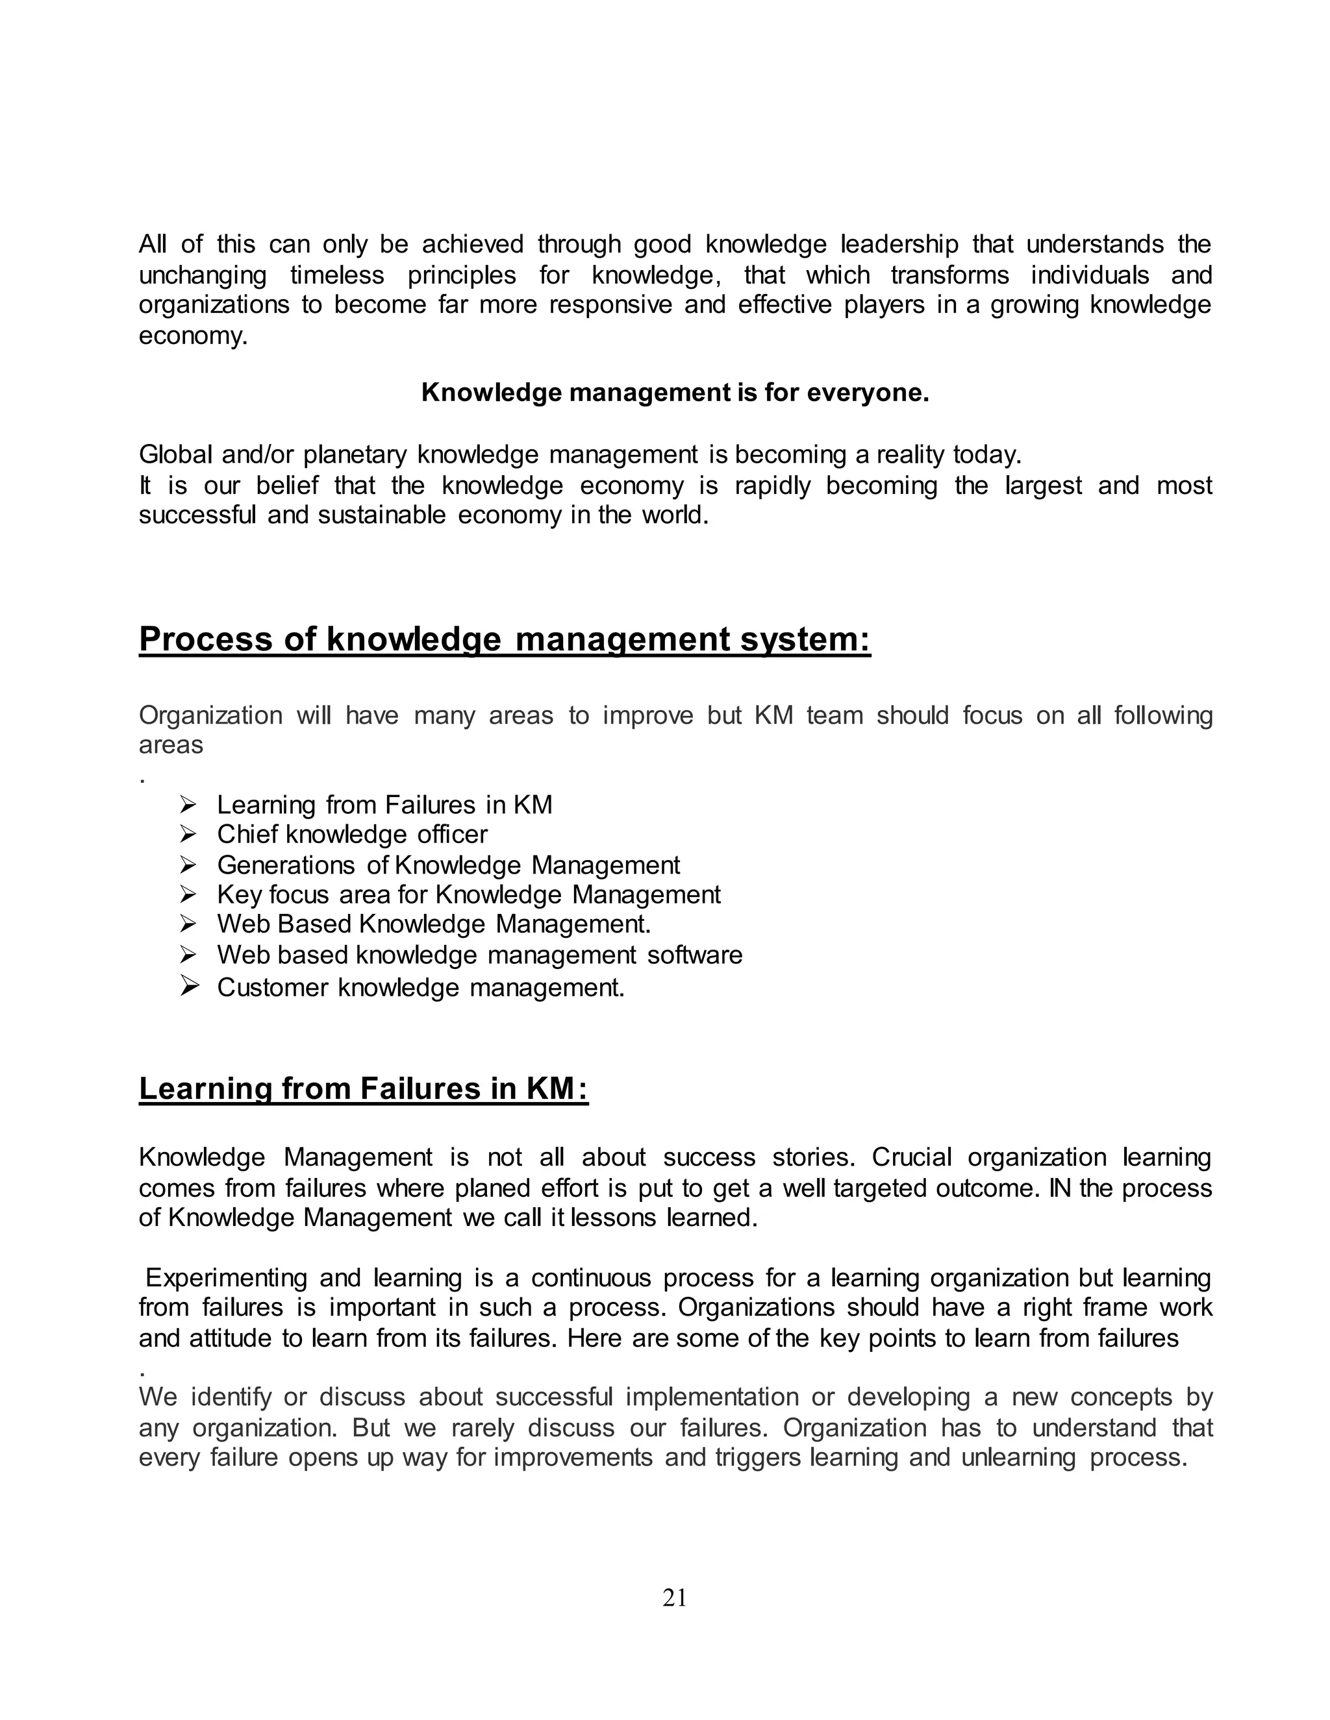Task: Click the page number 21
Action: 675,1598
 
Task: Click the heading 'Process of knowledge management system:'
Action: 504,639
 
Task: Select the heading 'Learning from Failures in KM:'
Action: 363,1088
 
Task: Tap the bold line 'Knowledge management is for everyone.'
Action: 675,392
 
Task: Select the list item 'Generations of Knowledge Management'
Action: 447,865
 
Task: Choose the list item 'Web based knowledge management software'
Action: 479,955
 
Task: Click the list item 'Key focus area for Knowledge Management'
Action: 468,894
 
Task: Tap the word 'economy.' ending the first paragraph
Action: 193,336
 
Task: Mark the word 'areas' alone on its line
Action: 170,745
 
